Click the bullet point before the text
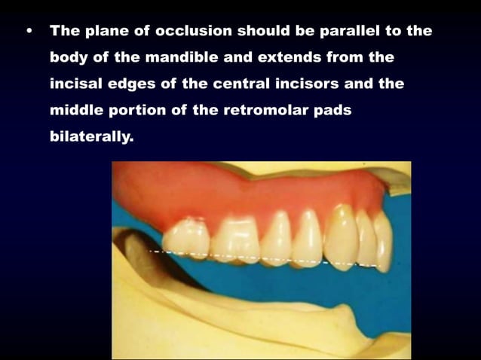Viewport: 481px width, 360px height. [29, 32]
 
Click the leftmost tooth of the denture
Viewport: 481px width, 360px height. [186, 238]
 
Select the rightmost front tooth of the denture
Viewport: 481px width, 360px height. [383, 241]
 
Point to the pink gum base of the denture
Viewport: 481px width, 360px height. [226, 192]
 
